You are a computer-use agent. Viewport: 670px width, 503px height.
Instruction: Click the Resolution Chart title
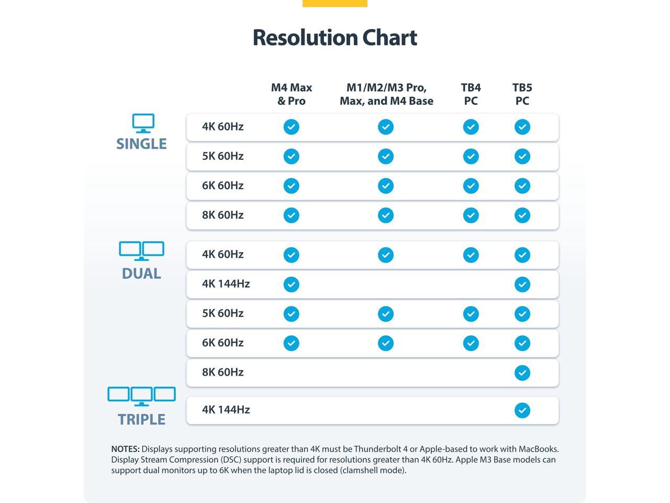pos(334,38)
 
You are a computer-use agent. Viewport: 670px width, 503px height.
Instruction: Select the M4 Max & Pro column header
pos(292,94)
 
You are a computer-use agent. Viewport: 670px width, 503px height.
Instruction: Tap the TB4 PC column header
pos(471,94)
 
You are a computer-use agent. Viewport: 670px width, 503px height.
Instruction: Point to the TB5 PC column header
pos(522,94)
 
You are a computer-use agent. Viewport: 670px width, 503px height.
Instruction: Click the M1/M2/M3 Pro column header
pos(386,94)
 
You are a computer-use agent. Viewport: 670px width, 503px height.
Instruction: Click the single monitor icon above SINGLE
pos(143,123)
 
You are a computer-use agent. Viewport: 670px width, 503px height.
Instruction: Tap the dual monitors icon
pos(141,251)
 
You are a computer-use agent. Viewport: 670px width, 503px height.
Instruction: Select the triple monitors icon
pos(141,396)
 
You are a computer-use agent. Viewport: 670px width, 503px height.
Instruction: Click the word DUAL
pos(141,274)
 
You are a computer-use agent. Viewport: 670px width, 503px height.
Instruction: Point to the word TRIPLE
pos(141,420)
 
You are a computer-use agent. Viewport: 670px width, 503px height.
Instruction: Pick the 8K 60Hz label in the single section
pos(222,215)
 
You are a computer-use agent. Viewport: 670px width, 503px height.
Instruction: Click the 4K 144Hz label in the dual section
pos(226,284)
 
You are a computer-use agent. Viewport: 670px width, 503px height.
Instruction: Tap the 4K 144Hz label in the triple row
pos(226,410)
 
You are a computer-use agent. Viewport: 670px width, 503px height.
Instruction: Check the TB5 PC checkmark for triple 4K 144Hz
pos(522,410)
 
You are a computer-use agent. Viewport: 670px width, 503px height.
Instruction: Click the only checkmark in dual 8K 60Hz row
pos(522,373)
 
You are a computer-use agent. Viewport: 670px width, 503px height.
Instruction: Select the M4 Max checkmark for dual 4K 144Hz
pos(291,285)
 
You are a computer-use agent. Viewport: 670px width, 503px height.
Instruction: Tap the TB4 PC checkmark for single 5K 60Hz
pos(471,156)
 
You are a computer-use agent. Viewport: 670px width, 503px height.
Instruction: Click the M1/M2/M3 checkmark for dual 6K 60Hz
pos(386,343)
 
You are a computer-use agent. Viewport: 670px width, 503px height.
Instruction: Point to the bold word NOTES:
pos(125,449)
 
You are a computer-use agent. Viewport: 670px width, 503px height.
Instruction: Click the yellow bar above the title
pos(334,3)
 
